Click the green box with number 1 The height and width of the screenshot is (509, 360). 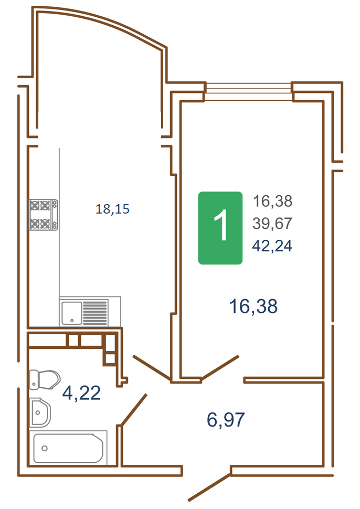click(220, 228)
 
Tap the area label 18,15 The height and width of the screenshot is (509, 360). click(112, 209)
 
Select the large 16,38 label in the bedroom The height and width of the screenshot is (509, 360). click(253, 306)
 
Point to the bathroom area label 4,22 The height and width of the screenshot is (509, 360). click(81, 393)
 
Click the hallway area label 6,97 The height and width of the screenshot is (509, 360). click(226, 419)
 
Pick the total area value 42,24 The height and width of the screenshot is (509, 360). click(272, 246)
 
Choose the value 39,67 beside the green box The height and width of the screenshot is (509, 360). click(272, 224)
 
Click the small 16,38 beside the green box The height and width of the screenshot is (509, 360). click(272, 202)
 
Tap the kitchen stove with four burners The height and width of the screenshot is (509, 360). click(44, 215)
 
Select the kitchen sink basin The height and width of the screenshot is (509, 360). click(72, 313)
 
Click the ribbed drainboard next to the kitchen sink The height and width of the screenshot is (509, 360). click(95, 313)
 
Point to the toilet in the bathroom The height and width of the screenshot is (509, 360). click(45, 379)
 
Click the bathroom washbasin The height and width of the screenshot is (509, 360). click(39, 412)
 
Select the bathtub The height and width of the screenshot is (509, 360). click(68, 448)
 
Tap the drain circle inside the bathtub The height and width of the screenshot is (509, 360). click(45, 448)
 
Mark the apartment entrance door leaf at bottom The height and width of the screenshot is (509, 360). click(209, 487)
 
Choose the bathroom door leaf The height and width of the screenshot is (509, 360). click(134, 409)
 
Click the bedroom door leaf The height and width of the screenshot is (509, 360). click(220, 367)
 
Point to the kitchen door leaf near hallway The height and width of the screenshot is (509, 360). click(152, 368)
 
